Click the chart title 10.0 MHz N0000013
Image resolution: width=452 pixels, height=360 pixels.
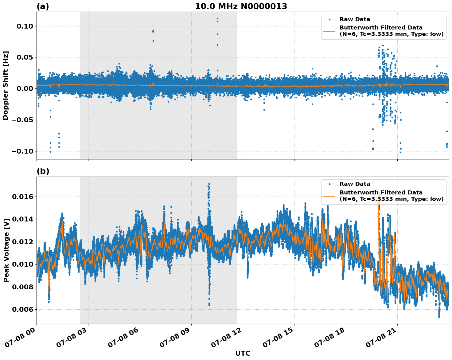coord(241,6)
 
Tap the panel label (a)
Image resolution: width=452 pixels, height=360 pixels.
coord(43,6)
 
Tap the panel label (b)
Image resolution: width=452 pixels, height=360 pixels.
coord(43,171)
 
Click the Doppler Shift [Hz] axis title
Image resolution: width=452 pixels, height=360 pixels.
coord(6,85)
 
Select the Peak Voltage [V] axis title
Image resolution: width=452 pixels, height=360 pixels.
coord(6,250)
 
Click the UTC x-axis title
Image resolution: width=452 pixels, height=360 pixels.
coord(243,353)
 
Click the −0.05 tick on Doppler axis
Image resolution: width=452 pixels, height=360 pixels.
coord(22,120)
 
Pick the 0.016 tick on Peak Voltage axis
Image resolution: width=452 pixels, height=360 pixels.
coord(22,197)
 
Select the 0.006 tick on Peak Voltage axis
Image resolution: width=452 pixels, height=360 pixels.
coord(22,309)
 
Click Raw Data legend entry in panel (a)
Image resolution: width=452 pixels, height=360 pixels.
coord(355,19)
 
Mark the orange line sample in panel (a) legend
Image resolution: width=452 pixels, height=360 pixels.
coord(329,31)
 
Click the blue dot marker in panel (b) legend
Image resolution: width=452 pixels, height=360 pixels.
coord(329,184)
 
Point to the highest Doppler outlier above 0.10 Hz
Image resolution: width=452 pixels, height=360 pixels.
coord(217,18)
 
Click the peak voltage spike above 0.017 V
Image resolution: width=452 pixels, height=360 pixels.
coord(209,184)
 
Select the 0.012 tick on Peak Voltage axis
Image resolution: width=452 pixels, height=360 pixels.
coord(22,242)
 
